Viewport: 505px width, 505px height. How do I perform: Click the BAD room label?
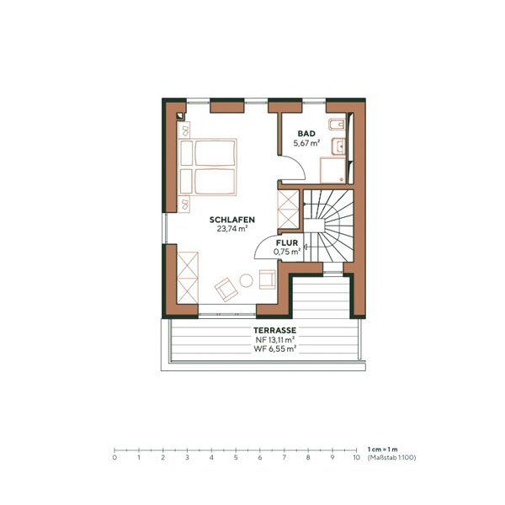pyautogui.click(x=306, y=134)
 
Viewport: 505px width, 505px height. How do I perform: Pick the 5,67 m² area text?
pyautogui.click(x=306, y=144)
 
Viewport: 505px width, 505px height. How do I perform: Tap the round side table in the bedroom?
pyautogui.click(x=247, y=280)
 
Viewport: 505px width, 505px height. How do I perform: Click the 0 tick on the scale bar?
pyautogui.click(x=114, y=451)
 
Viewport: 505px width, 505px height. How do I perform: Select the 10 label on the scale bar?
pyautogui.click(x=356, y=459)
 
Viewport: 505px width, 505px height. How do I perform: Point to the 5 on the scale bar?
pyautogui.click(x=236, y=459)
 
